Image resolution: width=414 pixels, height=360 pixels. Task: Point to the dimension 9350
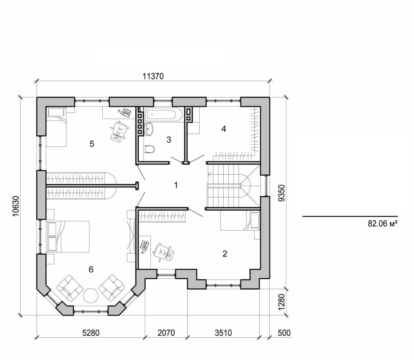pyautogui.click(x=283, y=193)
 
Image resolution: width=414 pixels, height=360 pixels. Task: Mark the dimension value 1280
pyautogui.click(x=283, y=301)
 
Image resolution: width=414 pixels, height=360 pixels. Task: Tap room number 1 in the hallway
pyautogui.click(x=176, y=185)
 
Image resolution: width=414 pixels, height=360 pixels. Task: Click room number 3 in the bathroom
pyautogui.click(x=169, y=140)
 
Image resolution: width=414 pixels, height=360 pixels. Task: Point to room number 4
pyautogui.click(x=223, y=129)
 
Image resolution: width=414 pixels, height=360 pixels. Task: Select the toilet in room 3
pyautogui.click(x=149, y=149)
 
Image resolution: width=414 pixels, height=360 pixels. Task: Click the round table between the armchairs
pyautogui.click(x=91, y=295)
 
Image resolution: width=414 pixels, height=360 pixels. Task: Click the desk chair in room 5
pyautogui.click(x=119, y=131)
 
